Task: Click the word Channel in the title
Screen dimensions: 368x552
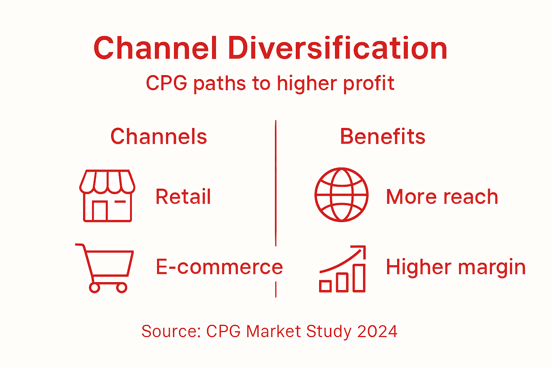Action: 155,49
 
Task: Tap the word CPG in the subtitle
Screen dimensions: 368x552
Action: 166,83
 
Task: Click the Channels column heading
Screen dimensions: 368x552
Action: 158,137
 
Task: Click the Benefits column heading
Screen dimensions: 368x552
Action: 382,137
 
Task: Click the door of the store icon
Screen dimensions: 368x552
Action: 100,211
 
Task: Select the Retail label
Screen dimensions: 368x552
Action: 183,197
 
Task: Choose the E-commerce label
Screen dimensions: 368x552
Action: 219,267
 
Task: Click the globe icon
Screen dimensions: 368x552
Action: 341,194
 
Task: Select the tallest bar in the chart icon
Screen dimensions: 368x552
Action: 359,278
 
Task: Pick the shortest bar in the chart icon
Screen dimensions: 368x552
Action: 325,286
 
